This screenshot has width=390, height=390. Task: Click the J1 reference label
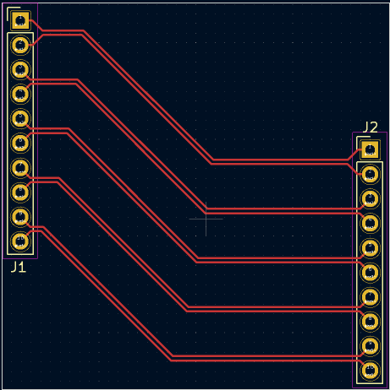19,267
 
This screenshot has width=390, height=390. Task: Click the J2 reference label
370,127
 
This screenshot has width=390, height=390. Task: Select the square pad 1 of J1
20,20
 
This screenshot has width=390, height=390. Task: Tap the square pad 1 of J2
370,149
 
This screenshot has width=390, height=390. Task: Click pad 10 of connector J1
20,241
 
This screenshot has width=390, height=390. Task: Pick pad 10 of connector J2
370,370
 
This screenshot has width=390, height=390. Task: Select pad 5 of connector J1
20,118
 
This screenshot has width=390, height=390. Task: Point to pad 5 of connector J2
370,247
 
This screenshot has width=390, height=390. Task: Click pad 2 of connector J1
20,45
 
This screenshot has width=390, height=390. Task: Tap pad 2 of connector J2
370,174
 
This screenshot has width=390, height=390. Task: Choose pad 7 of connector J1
20,168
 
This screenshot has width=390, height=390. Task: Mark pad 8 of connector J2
370,321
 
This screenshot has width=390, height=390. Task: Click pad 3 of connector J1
20,69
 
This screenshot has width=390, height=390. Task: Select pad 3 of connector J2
370,198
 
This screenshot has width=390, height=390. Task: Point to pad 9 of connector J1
20,217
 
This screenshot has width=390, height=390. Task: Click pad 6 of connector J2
370,272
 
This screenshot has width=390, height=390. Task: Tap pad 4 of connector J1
20,94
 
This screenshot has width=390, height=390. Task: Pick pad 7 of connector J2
370,296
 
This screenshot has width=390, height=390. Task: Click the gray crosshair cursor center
206,219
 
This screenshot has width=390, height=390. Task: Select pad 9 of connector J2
370,345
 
